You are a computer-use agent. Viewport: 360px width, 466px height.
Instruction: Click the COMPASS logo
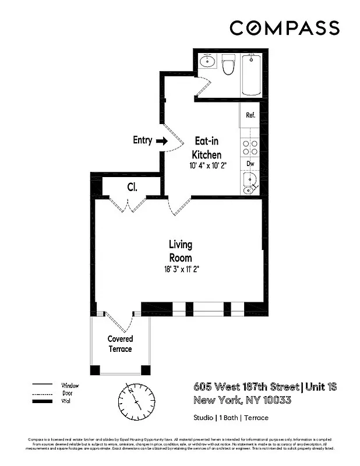(x=284, y=27)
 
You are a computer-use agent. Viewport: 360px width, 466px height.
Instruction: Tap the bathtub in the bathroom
(x=252, y=75)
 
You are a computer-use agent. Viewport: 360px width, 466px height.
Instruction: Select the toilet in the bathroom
(x=228, y=66)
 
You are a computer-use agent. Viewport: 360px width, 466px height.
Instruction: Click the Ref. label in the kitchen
(x=250, y=115)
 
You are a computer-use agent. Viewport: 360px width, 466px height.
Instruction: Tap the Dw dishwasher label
(x=250, y=164)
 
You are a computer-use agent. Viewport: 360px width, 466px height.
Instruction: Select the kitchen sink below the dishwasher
(x=250, y=185)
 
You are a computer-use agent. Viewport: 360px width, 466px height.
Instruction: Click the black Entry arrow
(x=161, y=140)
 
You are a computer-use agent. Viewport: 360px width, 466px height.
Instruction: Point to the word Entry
(x=143, y=140)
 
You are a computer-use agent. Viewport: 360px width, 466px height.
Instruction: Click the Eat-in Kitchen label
(x=207, y=148)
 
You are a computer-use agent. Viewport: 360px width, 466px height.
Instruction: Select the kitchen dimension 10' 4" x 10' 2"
(x=207, y=165)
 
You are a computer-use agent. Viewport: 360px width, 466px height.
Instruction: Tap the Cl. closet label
(x=132, y=187)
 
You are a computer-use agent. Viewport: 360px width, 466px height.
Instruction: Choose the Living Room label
(x=181, y=251)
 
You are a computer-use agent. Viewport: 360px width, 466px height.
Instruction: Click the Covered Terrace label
(x=120, y=344)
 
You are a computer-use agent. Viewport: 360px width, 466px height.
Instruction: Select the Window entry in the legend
(x=70, y=386)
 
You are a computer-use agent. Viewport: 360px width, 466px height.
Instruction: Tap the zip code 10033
(x=273, y=400)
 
